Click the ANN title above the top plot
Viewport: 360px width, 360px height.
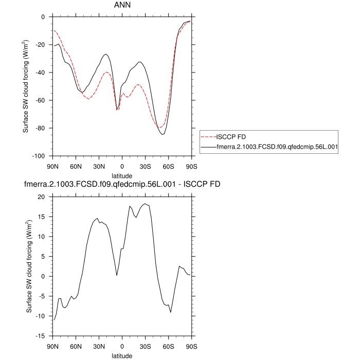122,6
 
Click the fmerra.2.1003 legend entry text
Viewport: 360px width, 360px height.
277,147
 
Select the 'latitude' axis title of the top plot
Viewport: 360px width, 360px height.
122,175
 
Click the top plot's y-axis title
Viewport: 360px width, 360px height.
26,86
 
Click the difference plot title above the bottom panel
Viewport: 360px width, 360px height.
122,184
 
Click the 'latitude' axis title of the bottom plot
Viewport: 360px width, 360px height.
122,355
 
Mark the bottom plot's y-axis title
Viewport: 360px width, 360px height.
29,266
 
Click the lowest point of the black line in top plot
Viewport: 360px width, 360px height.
163,134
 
